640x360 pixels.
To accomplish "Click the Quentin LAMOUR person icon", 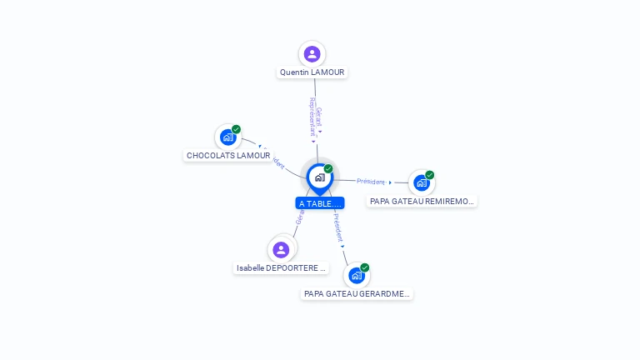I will coord(312,54).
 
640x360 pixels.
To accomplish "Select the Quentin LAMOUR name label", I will coord(312,72).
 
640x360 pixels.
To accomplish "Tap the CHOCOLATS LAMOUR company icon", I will coord(227,137).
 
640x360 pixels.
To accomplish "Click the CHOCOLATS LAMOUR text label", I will coord(228,156).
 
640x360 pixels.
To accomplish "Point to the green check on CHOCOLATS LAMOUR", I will coord(237,129).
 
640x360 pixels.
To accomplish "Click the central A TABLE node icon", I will coord(319,177).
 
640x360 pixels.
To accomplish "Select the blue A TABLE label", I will coord(319,203).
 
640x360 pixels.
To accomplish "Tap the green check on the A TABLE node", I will coord(328,169).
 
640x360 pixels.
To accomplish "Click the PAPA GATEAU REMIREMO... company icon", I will coord(421,182).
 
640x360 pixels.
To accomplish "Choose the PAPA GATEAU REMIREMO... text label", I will coord(422,202).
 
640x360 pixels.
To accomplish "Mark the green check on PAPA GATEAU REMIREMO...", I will coord(430,175).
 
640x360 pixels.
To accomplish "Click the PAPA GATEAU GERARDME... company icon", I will coord(357,276).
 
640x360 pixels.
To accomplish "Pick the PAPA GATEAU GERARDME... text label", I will coord(357,294).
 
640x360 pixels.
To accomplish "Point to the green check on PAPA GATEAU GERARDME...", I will coord(365,267).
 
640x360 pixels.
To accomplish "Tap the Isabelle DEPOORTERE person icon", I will coord(281,249).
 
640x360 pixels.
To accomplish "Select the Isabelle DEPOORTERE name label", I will coord(281,268).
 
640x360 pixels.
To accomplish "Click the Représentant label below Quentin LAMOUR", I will coord(312,117).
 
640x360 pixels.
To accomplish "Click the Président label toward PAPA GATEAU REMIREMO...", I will coord(371,181).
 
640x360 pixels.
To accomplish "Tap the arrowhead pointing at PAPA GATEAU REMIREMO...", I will coord(390,182).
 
